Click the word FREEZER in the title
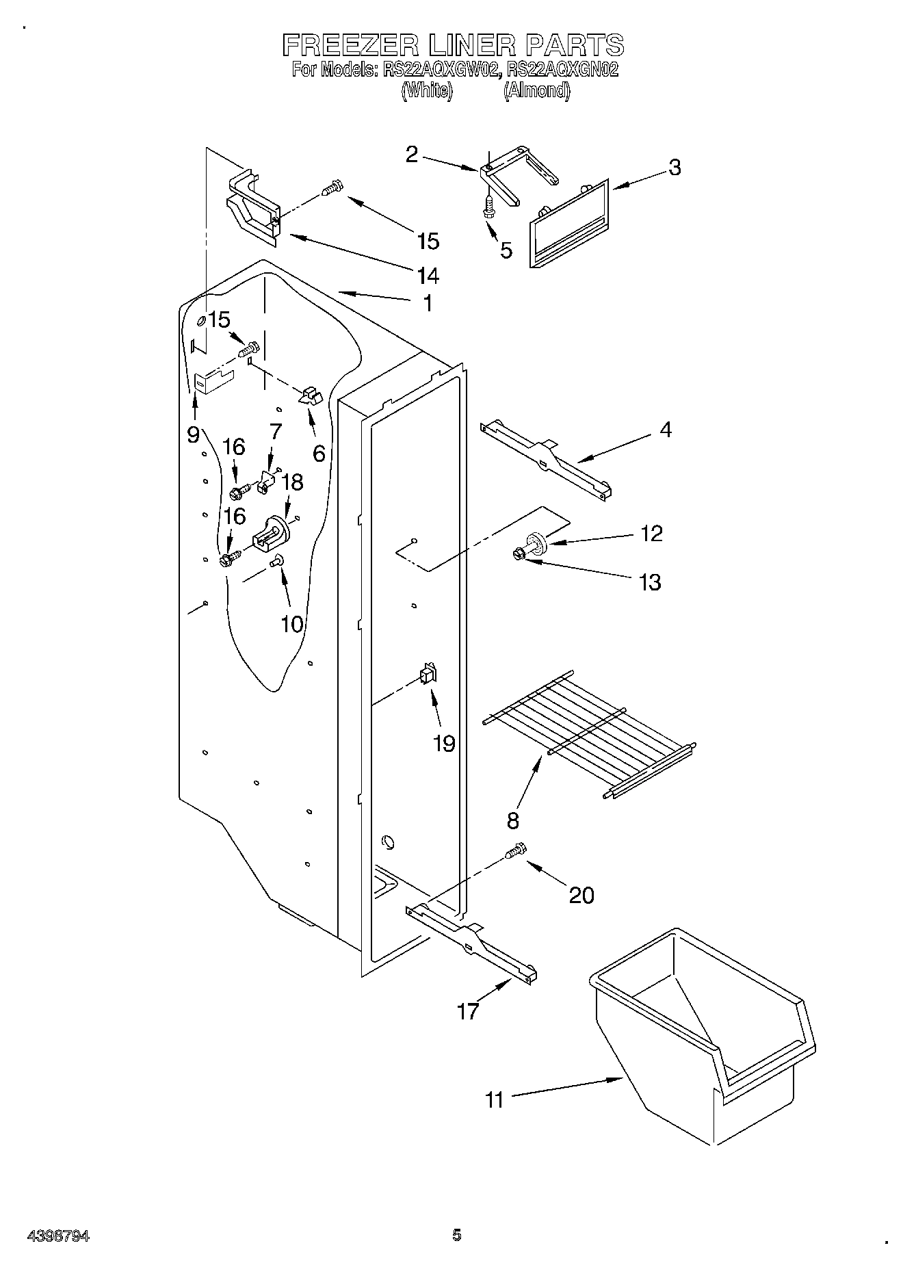pyautogui.click(x=352, y=45)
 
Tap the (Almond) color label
pyautogui.click(x=537, y=90)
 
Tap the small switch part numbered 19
pyautogui.click(x=428, y=676)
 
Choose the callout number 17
pyautogui.click(x=468, y=1010)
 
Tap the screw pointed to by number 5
pyautogui.click(x=489, y=207)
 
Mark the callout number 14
pyautogui.click(x=428, y=276)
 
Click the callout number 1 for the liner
pyautogui.click(x=428, y=303)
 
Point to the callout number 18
pyautogui.click(x=292, y=482)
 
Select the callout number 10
pyautogui.click(x=291, y=623)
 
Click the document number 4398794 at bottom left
pyautogui.click(x=58, y=1236)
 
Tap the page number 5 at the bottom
pyautogui.click(x=457, y=1235)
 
